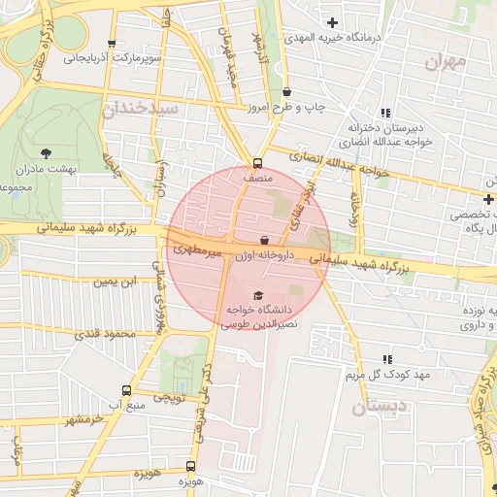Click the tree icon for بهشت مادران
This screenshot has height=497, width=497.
coord(46,151)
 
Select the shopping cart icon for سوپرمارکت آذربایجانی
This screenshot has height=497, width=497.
coord(114,44)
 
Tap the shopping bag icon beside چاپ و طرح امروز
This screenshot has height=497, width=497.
coord(286,92)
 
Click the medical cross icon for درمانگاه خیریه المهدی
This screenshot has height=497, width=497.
coord(333,21)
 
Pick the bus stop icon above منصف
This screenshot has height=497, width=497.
coord(257,163)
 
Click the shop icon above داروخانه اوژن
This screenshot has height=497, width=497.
coord(265,240)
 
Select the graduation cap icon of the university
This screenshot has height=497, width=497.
coord(258,295)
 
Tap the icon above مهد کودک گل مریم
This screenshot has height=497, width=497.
coord(387,359)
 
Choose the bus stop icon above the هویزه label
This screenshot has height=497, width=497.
coord(189,466)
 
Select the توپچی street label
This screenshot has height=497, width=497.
coord(171,397)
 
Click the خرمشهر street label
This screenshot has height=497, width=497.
coord(84,420)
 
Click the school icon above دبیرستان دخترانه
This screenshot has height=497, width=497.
coord(387,113)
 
